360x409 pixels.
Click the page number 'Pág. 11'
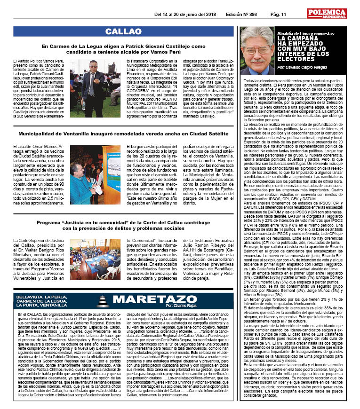click(278, 15)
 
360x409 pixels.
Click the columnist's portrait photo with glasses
click(257, 50)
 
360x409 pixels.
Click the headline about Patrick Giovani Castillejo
click(123, 49)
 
